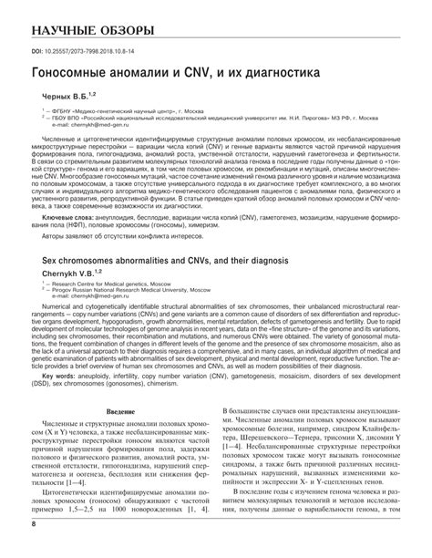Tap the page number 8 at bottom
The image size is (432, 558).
pyautogui.click(x=34, y=549)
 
